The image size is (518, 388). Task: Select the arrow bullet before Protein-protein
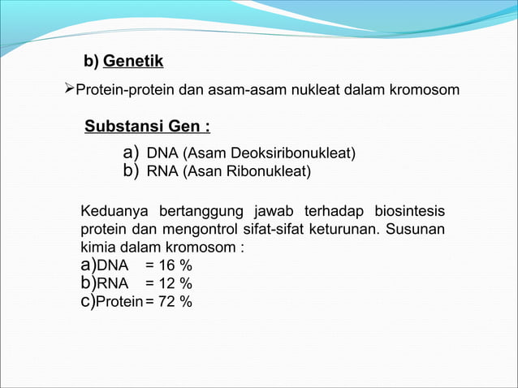coord(68,88)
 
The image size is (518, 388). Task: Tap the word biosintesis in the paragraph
coord(409,212)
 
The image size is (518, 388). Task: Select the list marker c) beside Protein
coord(88,302)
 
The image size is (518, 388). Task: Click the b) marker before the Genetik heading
coord(91,62)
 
